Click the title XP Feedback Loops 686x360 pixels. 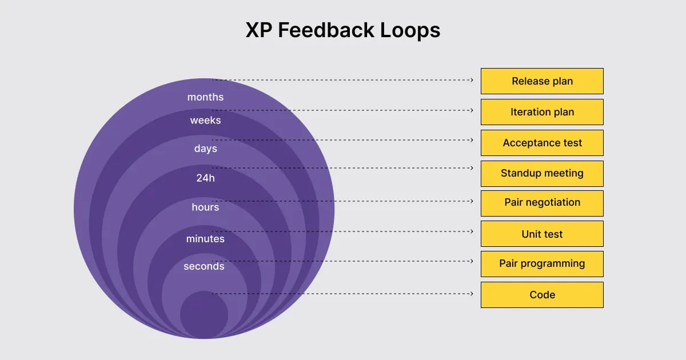(x=343, y=30)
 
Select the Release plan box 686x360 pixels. (x=542, y=81)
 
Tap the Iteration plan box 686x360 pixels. (x=542, y=112)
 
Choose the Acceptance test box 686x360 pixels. (x=542, y=143)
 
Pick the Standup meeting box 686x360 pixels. (x=542, y=173)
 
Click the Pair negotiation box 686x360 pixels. (x=542, y=203)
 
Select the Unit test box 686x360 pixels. (x=542, y=234)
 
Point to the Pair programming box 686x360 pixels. (x=542, y=263)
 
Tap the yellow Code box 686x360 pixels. (x=542, y=295)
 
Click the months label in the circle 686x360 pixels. (x=205, y=97)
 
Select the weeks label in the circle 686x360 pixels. (x=205, y=121)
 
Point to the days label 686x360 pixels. (x=205, y=149)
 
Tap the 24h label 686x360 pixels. (x=205, y=178)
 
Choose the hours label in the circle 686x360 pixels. (x=205, y=207)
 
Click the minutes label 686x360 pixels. (x=205, y=239)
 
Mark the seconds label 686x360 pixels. (x=204, y=266)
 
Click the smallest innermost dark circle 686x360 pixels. (x=204, y=315)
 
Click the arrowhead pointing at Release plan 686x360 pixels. (x=471, y=80)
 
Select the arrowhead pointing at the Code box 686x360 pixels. (x=471, y=294)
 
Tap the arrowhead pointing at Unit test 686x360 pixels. (x=471, y=231)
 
